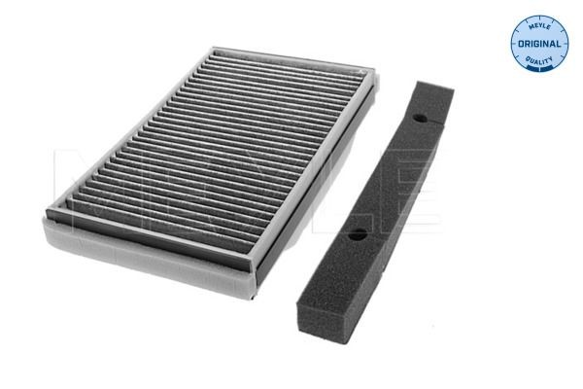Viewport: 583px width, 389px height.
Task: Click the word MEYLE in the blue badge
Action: [x=539, y=26]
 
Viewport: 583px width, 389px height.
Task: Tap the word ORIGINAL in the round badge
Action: [x=539, y=44]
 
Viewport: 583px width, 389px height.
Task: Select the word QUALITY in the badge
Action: [x=539, y=59]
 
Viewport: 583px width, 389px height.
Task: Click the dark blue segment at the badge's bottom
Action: [x=538, y=67]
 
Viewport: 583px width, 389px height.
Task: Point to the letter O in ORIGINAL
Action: [x=521, y=44]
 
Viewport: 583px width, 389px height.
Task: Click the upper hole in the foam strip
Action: [x=420, y=119]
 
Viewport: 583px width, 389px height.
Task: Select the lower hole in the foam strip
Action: [x=358, y=234]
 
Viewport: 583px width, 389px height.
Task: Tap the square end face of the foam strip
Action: [x=322, y=321]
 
